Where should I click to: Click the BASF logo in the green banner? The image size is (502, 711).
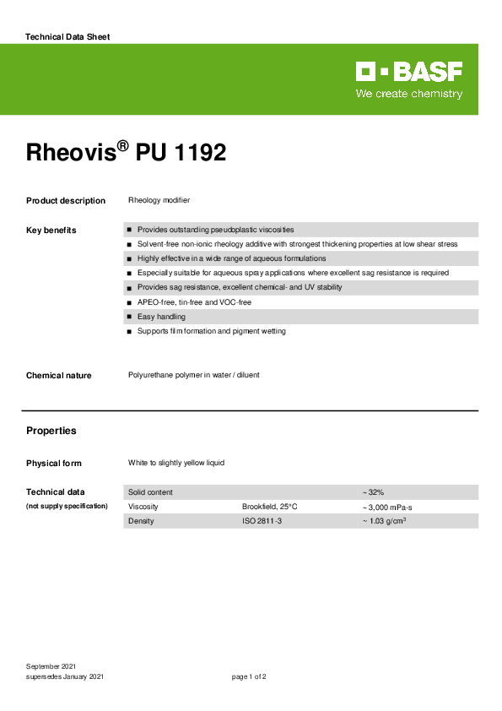[x=409, y=73]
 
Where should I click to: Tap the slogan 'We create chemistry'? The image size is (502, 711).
[x=409, y=94]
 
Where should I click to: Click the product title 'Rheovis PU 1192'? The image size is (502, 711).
[x=126, y=153]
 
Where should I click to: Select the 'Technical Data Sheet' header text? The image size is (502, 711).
[x=67, y=37]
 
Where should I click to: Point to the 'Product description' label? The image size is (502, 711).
[x=66, y=201]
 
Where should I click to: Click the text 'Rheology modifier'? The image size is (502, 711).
[x=159, y=201]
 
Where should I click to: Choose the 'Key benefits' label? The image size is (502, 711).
[x=51, y=231]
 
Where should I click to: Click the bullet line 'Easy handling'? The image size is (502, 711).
[x=161, y=317]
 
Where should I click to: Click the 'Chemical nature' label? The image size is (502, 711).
[x=58, y=375]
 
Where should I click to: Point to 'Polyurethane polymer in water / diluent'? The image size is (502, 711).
[x=193, y=375]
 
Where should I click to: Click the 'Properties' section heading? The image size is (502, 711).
[x=51, y=431]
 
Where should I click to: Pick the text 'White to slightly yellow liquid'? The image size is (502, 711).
[x=176, y=463]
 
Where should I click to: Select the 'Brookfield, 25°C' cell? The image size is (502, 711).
[x=269, y=507]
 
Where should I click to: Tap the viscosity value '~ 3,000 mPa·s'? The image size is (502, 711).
[x=388, y=507]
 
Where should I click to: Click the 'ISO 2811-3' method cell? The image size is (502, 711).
[x=262, y=521]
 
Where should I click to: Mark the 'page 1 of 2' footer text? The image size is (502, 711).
[x=249, y=677]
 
